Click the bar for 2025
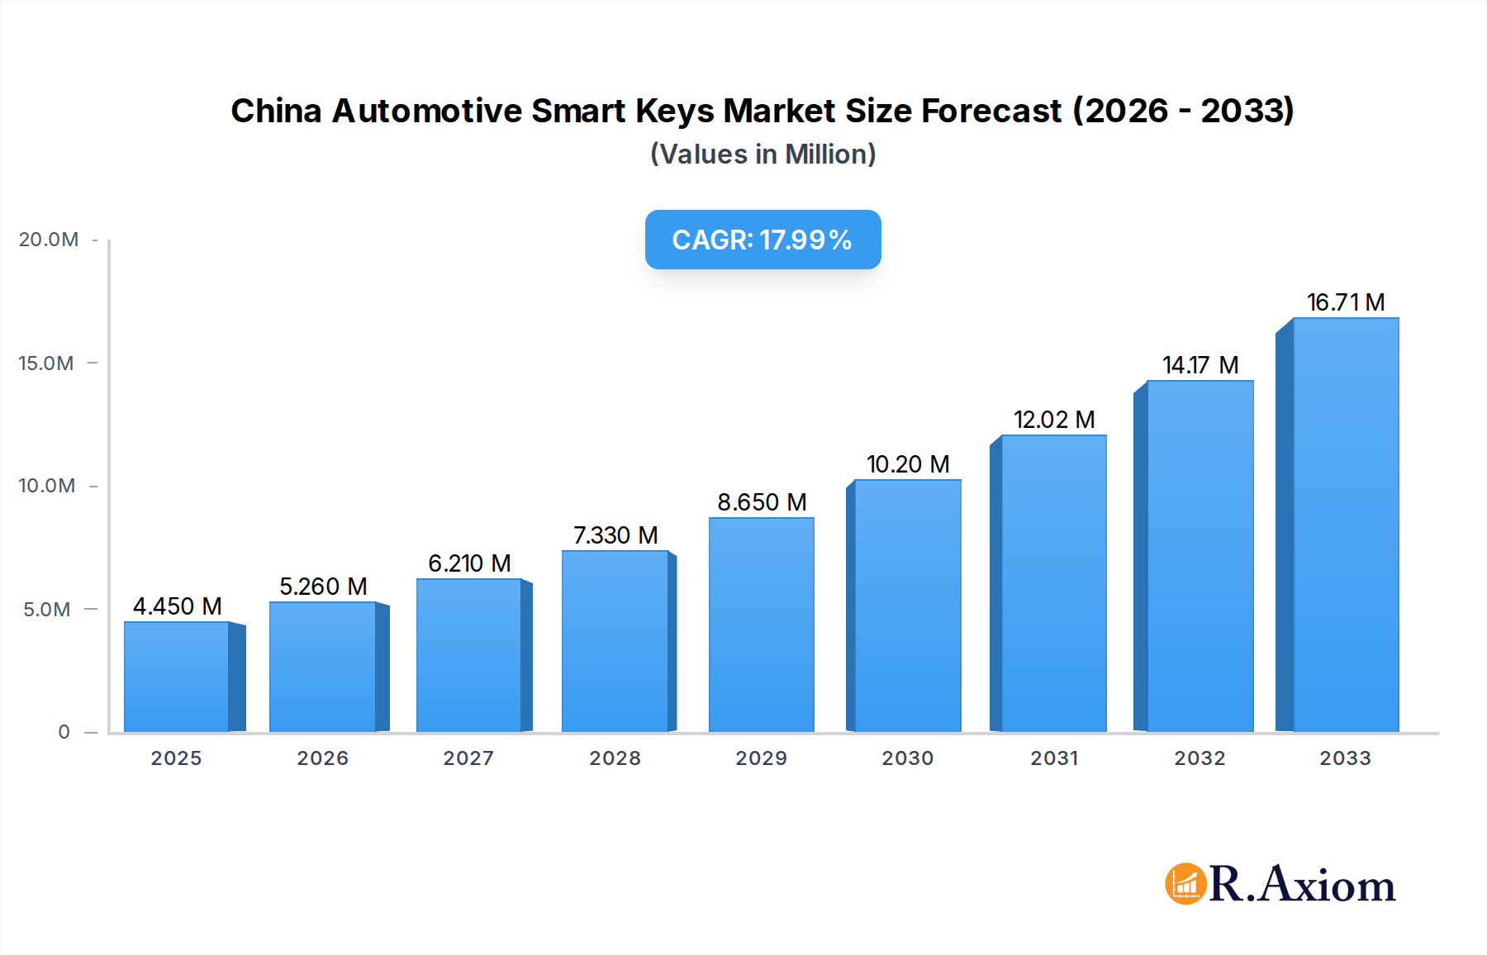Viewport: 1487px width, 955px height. tap(177, 677)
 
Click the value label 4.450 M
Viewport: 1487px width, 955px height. tap(177, 606)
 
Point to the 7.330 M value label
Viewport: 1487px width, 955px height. tap(615, 535)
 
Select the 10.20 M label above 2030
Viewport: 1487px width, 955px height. tap(907, 464)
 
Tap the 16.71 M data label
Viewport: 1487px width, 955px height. tap(1345, 302)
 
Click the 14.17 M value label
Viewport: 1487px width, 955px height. tap(1200, 365)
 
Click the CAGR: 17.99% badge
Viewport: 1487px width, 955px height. tap(763, 240)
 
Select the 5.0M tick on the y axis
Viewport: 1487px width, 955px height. tap(46, 610)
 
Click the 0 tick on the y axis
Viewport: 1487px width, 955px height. tap(64, 732)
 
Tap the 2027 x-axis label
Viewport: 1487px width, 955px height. tap(468, 758)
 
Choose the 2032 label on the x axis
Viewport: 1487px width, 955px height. tap(1200, 758)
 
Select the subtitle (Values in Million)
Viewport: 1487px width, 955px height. tap(763, 154)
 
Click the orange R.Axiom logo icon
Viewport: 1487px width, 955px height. tap(1185, 884)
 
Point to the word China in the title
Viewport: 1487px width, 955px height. tap(276, 111)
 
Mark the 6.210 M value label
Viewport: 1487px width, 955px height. tap(469, 563)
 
